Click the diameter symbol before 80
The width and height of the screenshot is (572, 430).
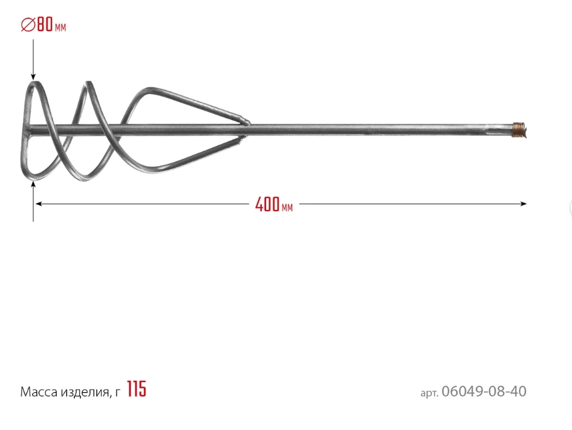28,25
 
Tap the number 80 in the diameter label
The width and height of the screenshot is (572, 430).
45,25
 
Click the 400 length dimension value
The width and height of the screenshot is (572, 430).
267,204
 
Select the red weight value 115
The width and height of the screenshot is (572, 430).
137,389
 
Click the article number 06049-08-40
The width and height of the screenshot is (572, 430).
484,392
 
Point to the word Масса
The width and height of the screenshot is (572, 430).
38,392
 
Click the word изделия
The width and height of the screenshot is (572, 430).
84,392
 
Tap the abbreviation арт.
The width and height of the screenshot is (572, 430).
429,393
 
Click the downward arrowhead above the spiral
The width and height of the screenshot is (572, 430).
33,77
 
